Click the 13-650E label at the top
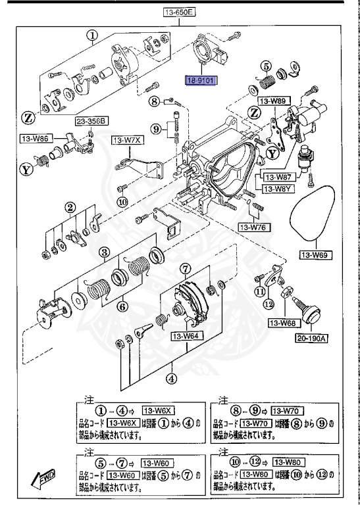(x=180, y=12)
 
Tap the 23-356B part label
(x=91, y=121)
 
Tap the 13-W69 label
(x=315, y=253)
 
